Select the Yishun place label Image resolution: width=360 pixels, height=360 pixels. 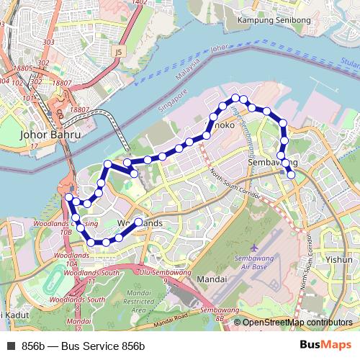tap(338, 259)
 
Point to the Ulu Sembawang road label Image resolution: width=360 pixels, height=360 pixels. tap(164, 273)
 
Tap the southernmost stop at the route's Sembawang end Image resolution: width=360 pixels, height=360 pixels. tap(291, 174)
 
